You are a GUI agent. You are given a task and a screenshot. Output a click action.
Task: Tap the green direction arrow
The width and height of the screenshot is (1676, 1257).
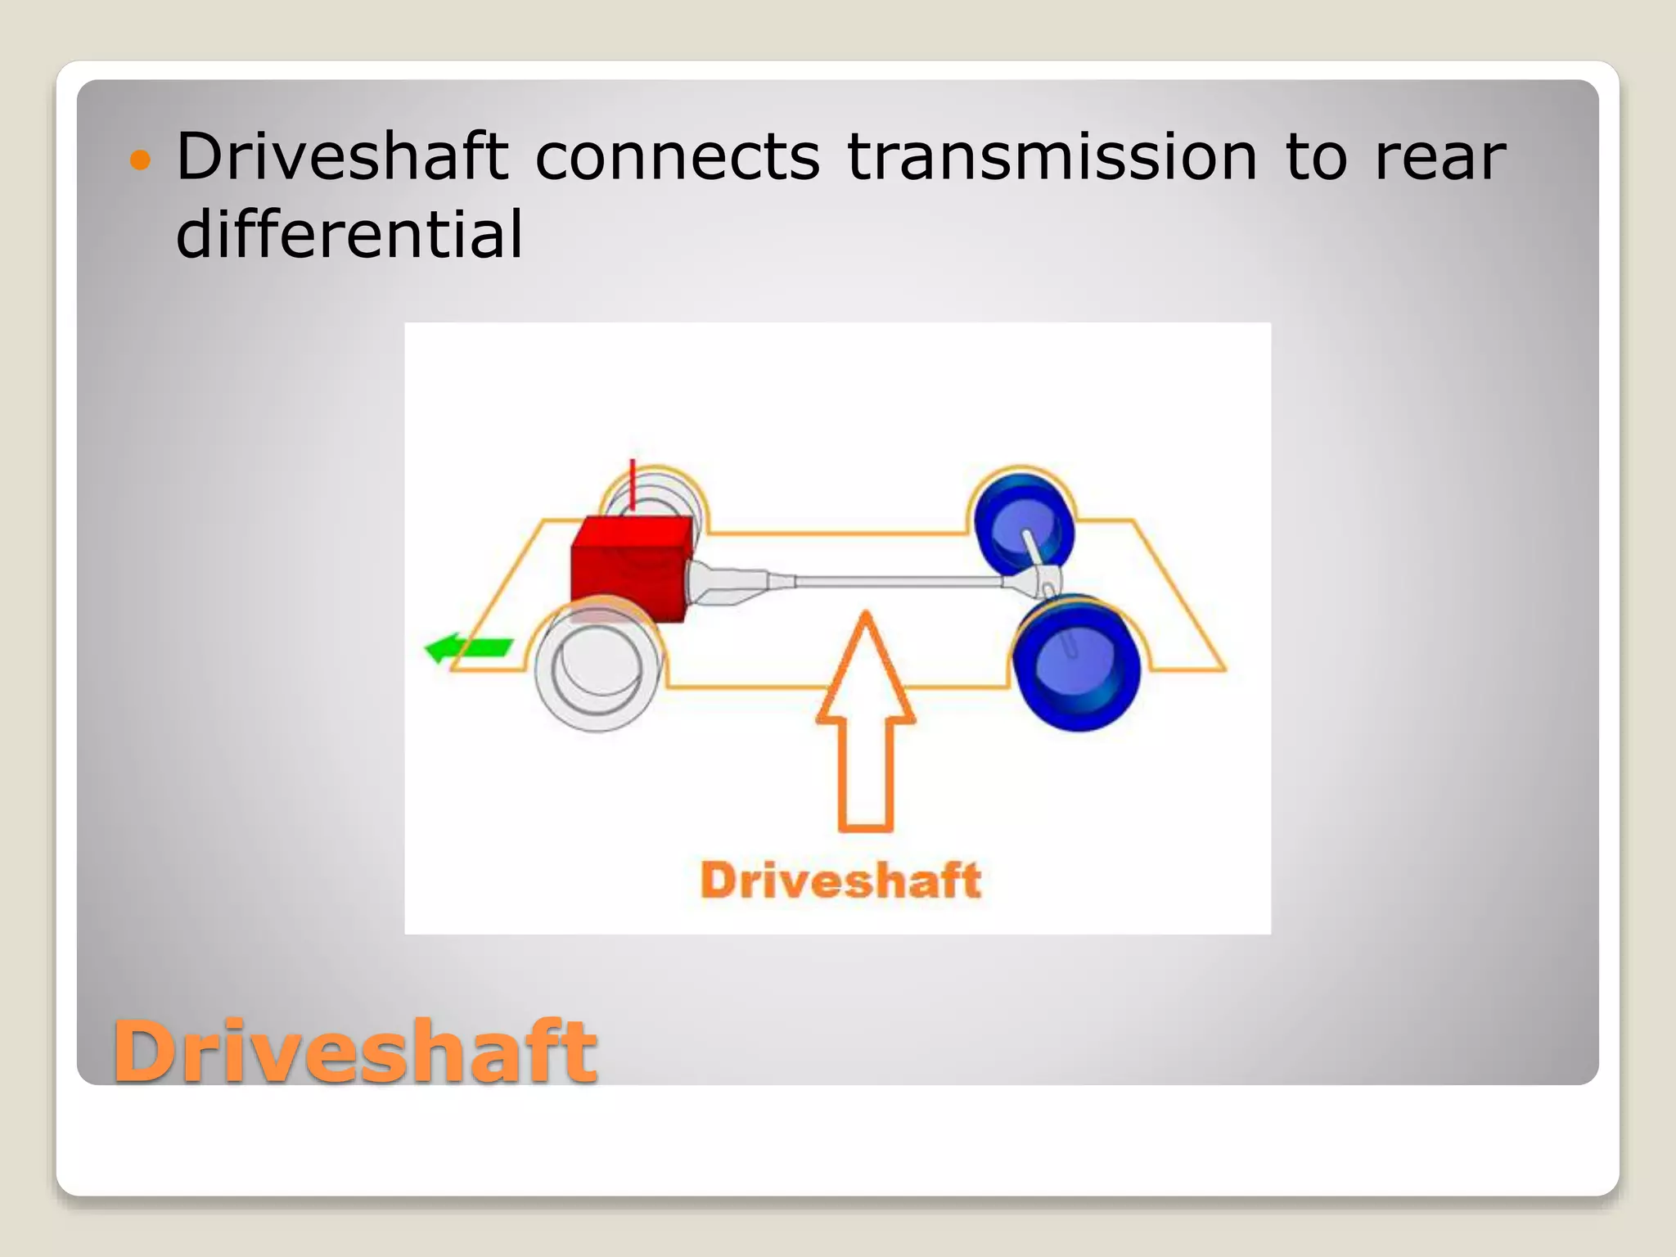[468, 648]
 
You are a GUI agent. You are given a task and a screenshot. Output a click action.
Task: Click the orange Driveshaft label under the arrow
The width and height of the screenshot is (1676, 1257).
[840, 881]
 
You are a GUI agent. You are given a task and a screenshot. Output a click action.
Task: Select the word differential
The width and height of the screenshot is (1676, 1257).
[349, 234]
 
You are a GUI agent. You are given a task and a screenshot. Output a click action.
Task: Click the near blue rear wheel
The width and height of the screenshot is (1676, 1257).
[1076, 663]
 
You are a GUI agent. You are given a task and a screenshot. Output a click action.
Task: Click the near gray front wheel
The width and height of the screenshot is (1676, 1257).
[597, 667]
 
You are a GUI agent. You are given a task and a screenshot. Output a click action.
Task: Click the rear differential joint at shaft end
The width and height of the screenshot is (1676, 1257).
[1035, 583]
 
